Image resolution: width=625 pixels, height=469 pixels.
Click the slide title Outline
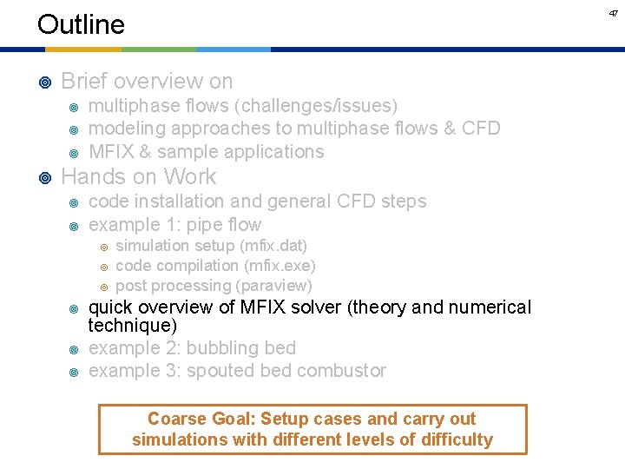81,24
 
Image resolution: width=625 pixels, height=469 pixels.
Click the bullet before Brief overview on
45,83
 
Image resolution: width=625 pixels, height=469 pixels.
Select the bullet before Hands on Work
45,177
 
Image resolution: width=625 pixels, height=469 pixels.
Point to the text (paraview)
273,286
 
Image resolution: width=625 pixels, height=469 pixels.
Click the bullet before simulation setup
104,248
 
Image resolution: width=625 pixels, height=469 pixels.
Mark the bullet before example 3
74,372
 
